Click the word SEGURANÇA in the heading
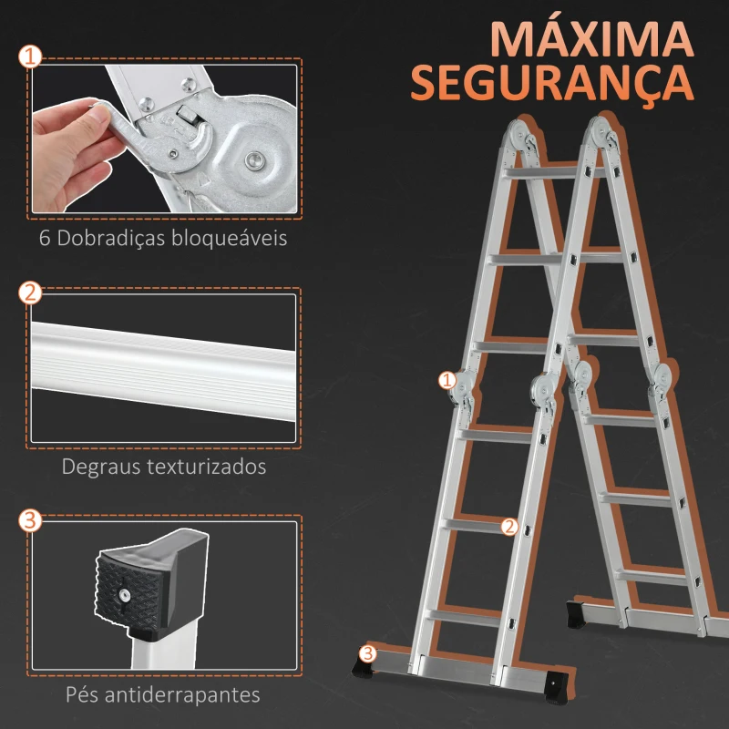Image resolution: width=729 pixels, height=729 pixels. click(x=552, y=83)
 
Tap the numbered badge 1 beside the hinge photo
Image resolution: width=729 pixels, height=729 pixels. click(x=30, y=57)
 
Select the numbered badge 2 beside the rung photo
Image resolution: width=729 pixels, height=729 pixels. click(x=30, y=293)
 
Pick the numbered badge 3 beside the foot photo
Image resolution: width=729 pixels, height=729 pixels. click(x=30, y=520)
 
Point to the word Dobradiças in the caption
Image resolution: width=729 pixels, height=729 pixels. click(x=111, y=238)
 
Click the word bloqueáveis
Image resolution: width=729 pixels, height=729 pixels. click(x=230, y=238)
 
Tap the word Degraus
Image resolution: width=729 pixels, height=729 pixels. click(x=101, y=467)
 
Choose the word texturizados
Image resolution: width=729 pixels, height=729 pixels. click(x=207, y=467)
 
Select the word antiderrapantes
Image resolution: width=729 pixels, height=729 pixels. click(x=182, y=695)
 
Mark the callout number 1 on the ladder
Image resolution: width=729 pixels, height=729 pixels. click(x=447, y=381)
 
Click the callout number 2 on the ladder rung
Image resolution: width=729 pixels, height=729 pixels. click(x=509, y=527)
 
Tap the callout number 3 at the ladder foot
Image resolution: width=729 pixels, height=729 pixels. click(x=368, y=653)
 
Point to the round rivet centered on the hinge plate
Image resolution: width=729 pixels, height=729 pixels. click(x=253, y=160)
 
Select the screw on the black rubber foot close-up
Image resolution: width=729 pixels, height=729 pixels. click(x=124, y=595)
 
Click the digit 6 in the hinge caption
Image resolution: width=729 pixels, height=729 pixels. click(x=45, y=238)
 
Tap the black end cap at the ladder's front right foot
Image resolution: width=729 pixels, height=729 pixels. click(x=557, y=686)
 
